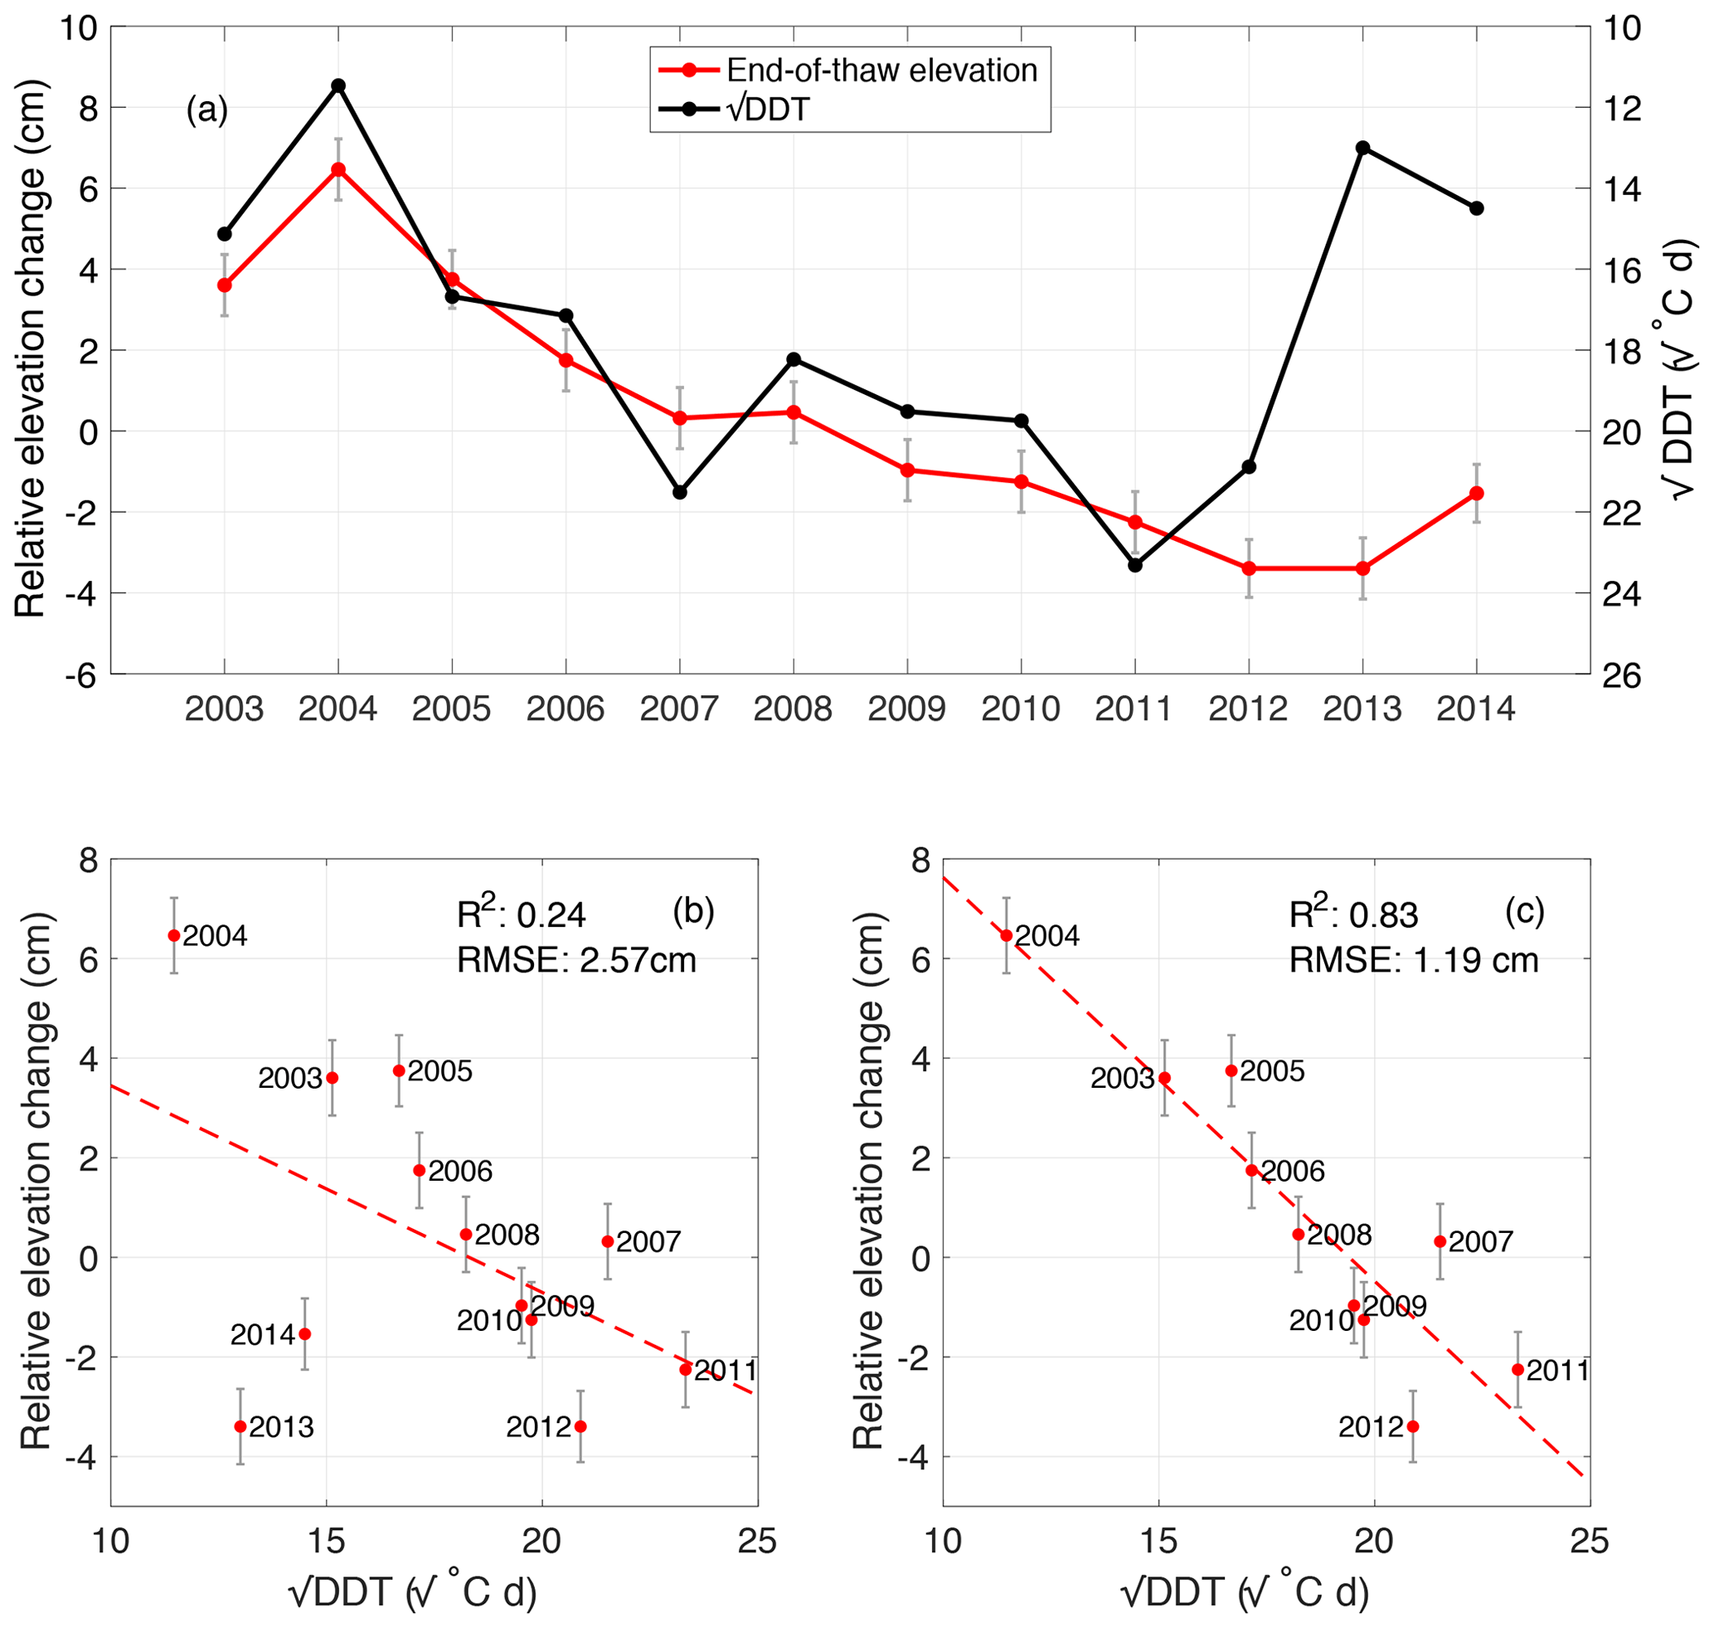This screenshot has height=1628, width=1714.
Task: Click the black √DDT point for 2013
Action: click(1362, 148)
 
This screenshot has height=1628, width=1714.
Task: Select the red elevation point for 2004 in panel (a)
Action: click(338, 169)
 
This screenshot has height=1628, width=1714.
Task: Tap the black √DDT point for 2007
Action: click(680, 492)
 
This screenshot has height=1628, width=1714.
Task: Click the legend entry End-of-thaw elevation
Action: click(881, 71)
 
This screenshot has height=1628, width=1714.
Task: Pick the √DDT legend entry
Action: click(769, 110)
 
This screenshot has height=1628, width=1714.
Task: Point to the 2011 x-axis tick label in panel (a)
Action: click(1134, 709)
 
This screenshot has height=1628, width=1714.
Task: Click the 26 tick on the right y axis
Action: click(1621, 675)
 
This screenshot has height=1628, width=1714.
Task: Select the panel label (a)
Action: click(207, 110)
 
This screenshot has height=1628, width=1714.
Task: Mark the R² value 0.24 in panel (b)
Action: click(522, 914)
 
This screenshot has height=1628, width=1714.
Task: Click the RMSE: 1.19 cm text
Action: click(1413, 961)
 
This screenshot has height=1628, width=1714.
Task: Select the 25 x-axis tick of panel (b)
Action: click(757, 1541)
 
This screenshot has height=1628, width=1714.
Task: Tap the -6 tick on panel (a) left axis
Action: click(80, 675)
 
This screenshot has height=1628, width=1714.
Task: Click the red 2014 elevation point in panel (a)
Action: click(1476, 493)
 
